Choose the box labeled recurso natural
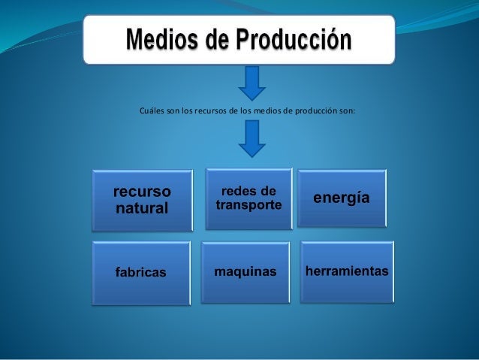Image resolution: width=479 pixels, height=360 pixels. pyautogui.click(x=141, y=199)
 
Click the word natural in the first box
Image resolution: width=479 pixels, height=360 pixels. pyautogui.click(x=141, y=207)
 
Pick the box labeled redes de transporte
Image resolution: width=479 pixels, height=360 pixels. pyautogui.click(x=249, y=198)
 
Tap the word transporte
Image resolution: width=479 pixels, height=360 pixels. pyautogui.click(x=249, y=204)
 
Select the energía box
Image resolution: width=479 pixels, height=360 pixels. pyautogui.click(x=342, y=197)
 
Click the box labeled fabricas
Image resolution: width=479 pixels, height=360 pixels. pyautogui.click(x=140, y=271)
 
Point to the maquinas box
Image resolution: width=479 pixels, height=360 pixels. pyautogui.click(x=246, y=271)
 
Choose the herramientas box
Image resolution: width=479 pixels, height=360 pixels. pyautogui.click(x=346, y=270)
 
